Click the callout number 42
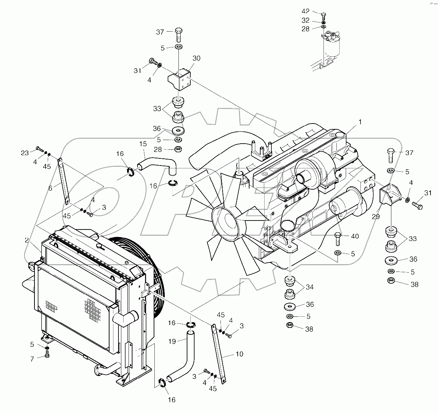tap(305, 11)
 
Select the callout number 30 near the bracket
tap(196, 58)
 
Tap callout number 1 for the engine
tap(360, 122)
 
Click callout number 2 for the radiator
tap(27, 240)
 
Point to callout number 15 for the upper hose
tap(143, 144)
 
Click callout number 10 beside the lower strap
tap(239, 354)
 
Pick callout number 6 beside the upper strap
tap(50, 188)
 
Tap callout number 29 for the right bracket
tap(376, 217)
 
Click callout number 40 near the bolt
tap(355, 236)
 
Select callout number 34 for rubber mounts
tap(309, 287)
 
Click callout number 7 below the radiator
tap(32, 359)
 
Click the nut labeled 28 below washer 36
tap(178, 149)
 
